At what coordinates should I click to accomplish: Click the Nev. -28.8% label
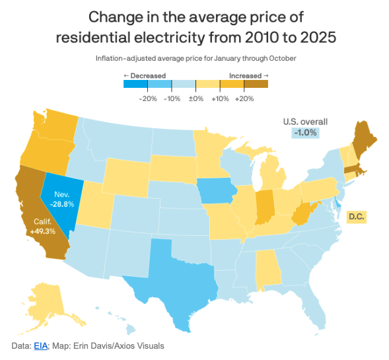[62, 200]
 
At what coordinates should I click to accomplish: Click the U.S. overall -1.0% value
[305, 133]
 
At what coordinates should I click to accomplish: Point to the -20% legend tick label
[147, 98]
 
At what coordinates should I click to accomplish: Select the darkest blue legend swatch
[135, 84]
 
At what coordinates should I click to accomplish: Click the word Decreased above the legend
[147, 76]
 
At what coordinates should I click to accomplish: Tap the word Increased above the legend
[245, 76]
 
